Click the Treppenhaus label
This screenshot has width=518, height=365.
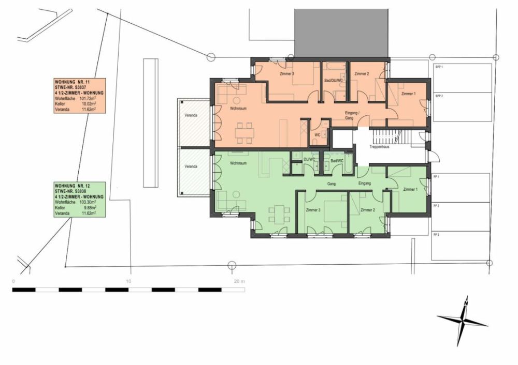pos(379,147)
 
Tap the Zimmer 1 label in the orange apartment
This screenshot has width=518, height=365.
pos(408,93)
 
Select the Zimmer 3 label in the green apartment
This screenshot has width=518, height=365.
pos(313,210)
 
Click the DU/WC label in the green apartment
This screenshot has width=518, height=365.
pos(309,160)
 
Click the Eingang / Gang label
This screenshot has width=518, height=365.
pos(352,115)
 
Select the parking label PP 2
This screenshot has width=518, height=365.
pos(436,206)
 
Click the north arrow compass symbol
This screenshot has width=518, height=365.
pos(463,322)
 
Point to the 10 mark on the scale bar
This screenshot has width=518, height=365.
pos(128,281)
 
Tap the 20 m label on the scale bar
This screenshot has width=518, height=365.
pos(239,281)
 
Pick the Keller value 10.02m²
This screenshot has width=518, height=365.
pos(91,104)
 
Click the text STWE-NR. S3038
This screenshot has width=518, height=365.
pos(73,191)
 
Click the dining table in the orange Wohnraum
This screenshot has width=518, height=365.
pos(244,132)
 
